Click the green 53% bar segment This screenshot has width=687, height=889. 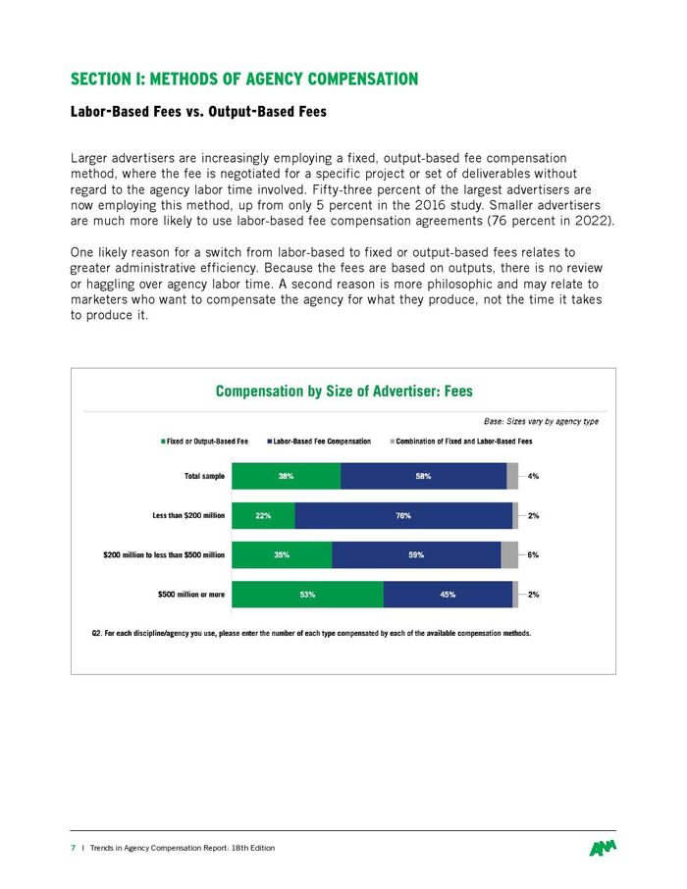pos(307,595)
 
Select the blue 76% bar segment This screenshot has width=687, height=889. pos(403,516)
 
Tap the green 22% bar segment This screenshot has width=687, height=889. pos(263,516)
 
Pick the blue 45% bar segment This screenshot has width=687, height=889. pos(448,595)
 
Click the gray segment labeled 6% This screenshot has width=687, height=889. pos(509,555)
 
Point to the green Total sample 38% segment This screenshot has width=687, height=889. pos(286,477)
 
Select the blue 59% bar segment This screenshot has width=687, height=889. pos(416,555)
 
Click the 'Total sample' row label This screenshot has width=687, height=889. pos(204,477)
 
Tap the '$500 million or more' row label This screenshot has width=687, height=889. pos(191,595)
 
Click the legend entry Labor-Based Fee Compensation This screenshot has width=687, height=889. pos(320,442)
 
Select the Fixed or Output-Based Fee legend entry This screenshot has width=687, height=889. pos(205,442)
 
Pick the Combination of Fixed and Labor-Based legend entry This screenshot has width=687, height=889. pos(462,442)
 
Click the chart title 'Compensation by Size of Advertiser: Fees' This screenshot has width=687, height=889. pos(343,391)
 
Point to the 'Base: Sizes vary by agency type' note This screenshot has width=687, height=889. pos(541,422)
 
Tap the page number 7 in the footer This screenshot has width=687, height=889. pos(72,848)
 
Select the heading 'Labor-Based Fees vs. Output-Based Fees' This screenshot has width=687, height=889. pos(197,112)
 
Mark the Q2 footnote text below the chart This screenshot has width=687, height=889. pos(311,634)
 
